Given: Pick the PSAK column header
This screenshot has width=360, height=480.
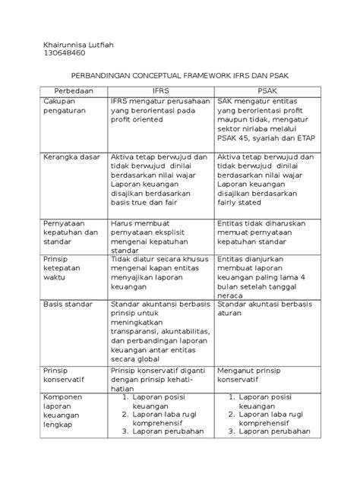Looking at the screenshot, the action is click(266, 90).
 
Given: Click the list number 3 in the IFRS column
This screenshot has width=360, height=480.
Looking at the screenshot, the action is click(124, 455).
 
